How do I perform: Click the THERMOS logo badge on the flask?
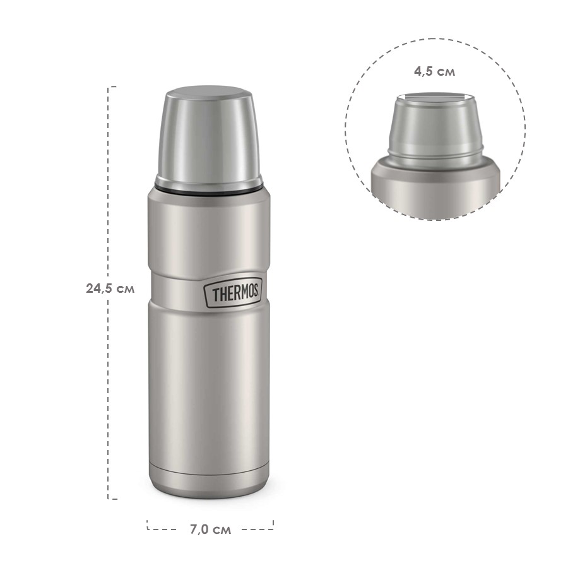pos(232,294)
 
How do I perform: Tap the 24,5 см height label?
pos(110,288)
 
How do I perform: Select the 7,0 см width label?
pos(210,530)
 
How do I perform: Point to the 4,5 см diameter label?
pos(434,71)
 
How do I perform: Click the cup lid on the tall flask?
pos(209,142)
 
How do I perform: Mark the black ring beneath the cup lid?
pos(209,187)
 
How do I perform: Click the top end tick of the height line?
pos(112,86)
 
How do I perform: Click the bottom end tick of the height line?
pos(112,499)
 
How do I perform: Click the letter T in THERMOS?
pos(215,295)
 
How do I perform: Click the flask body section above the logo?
pos(209,234)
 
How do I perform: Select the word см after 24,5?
pos(125,288)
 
